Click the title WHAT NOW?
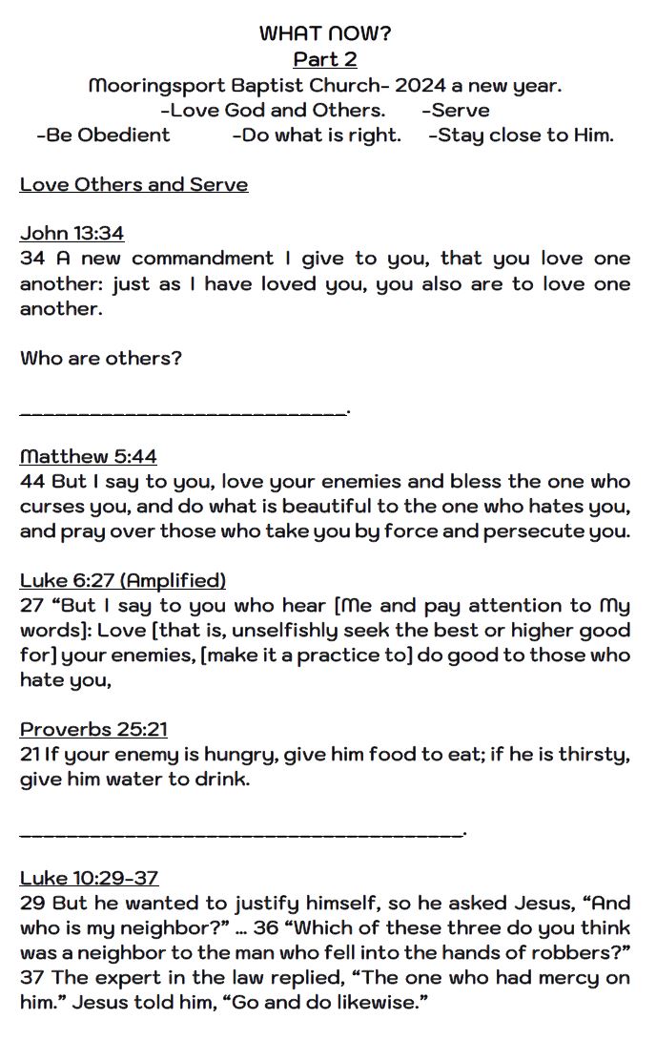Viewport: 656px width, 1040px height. click(325, 33)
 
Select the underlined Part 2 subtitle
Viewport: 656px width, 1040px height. click(325, 59)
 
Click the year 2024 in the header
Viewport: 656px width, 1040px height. click(421, 85)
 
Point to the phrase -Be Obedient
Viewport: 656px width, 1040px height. click(103, 135)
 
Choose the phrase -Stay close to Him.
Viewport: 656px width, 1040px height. click(521, 135)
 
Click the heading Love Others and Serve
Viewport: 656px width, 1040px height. click(133, 184)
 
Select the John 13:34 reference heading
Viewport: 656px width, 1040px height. click(72, 234)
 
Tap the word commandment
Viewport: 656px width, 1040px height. click(202, 259)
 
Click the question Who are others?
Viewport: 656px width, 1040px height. click(101, 359)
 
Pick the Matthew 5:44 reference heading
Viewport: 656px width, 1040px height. click(88, 457)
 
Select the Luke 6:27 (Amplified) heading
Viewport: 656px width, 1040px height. click(122, 581)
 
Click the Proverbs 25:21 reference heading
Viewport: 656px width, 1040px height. click(93, 730)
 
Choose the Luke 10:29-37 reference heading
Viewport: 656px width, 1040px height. click(89, 879)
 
